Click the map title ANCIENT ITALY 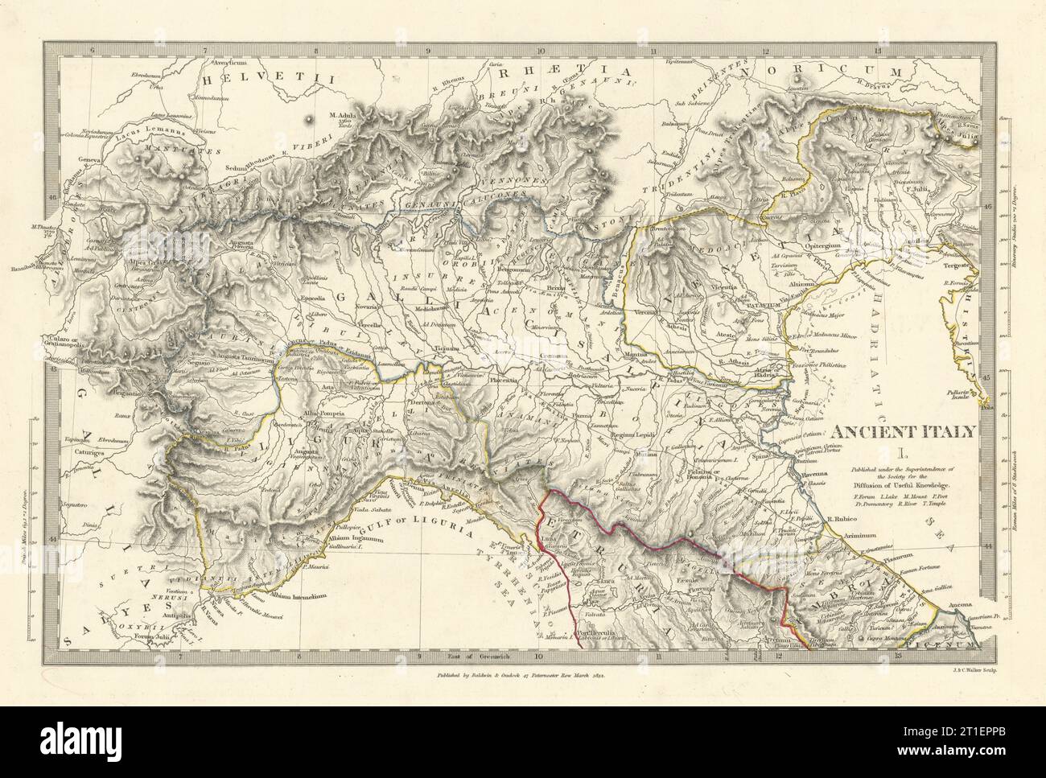coord(904,430)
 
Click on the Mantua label coord(666,362)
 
